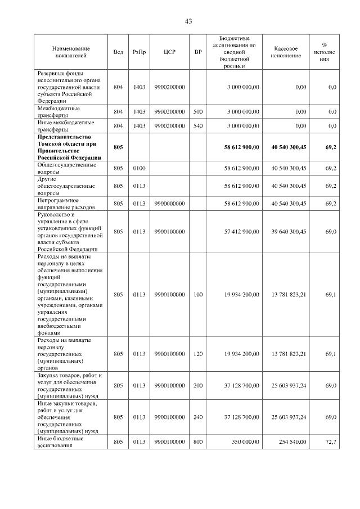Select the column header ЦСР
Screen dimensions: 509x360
click(x=169, y=52)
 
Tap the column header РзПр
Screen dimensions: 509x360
click(x=139, y=52)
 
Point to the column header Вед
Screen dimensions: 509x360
click(x=118, y=52)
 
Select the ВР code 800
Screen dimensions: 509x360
click(x=197, y=442)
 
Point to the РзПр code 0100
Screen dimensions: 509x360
click(x=139, y=168)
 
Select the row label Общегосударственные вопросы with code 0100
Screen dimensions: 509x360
click(x=64, y=168)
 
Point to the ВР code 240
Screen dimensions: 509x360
click(x=197, y=417)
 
